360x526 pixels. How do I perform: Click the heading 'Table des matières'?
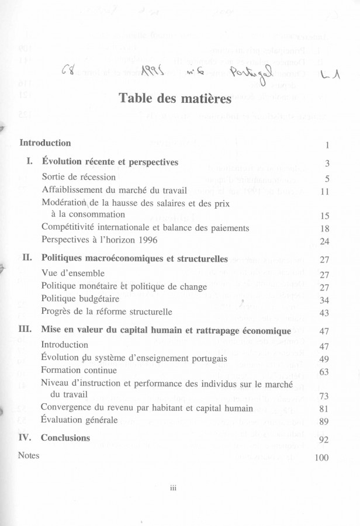pos(176,98)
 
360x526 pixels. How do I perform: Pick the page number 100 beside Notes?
pos(322,458)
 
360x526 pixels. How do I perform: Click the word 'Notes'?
pos(29,456)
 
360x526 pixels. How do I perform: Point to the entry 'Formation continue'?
pos(79,370)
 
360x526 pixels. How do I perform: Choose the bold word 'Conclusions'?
pos(65,438)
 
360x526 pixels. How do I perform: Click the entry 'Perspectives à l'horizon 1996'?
pos(101,240)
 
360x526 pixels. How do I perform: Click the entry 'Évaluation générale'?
pos(79,420)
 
